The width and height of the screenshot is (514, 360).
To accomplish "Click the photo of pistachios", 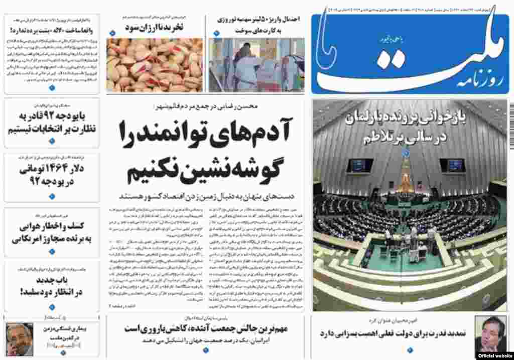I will pos(155,65).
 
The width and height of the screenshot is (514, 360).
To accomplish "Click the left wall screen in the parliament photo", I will pos(360,165).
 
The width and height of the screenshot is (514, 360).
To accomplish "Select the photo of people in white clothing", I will pos(256,65).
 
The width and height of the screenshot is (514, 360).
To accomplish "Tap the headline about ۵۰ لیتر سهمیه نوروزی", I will pos(259,23).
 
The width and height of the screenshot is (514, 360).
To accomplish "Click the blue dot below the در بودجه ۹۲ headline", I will pos(52,195).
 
